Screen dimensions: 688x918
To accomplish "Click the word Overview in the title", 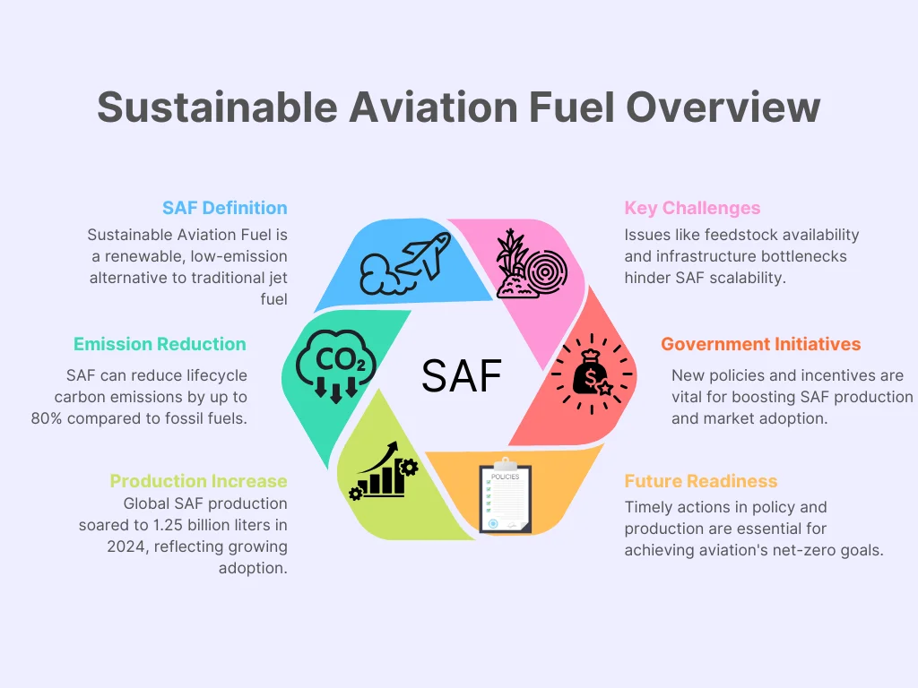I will (723, 107).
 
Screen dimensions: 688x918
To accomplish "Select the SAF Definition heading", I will (225, 208).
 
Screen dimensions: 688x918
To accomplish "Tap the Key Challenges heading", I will (692, 208).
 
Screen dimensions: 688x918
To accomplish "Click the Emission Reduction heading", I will (160, 344).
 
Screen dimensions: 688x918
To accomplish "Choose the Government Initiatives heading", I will (760, 344).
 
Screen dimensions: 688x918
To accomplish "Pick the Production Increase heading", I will (198, 481).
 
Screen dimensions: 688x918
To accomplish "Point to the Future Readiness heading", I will (701, 481).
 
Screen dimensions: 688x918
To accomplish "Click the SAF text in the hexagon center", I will (462, 376).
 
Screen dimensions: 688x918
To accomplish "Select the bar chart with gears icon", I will (383, 470).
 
